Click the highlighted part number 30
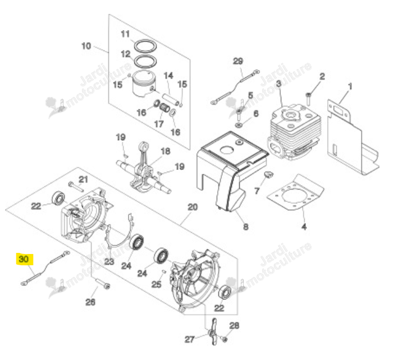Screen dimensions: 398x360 (24, 259)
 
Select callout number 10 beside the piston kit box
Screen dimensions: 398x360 (86, 46)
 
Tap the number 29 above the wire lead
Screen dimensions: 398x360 (238, 61)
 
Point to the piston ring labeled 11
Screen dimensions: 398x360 (145, 46)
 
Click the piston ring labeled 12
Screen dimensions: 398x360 (145, 61)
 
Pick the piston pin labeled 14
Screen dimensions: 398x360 (171, 100)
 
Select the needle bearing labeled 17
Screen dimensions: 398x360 (164, 107)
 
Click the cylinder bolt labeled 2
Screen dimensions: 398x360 (309, 99)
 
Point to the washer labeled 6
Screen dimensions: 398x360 (239, 124)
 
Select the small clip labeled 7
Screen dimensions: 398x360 (269, 174)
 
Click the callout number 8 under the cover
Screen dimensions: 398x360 (245, 227)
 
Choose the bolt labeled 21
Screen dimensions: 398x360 (76, 186)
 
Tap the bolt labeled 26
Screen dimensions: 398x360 (103, 283)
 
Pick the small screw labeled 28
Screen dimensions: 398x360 (224, 339)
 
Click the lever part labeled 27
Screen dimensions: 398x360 (213, 331)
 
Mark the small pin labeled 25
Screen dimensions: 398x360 (164, 272)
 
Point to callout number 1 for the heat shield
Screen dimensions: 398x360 (350, 86)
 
